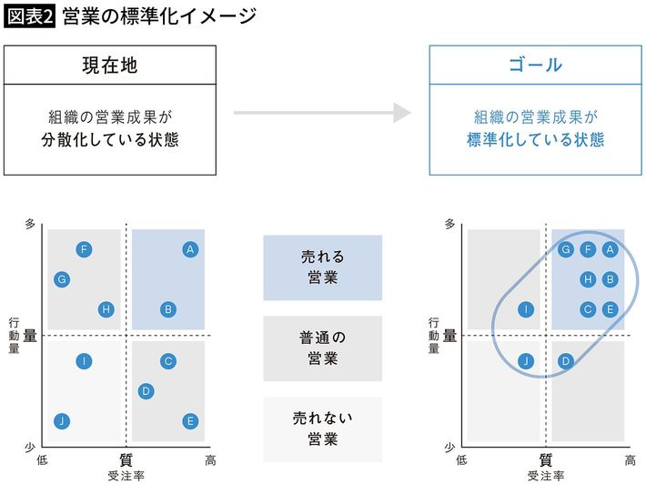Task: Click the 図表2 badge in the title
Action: pyautogui.click(x=29, y=15)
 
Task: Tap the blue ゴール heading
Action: pyautogui.click(x=536, y=66)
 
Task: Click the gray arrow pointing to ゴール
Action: pyautogui.click(x=323, y=113)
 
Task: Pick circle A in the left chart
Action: pyautogui.click(x=190, y=249)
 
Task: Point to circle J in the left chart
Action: pyautogui.click(x=61, y=420)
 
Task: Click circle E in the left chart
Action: pyautogui.click(x=190, y=420)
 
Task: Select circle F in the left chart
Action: pyautogui.click(x=84, y=249)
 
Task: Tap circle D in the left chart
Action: pyautogui.click(x=145, y=391)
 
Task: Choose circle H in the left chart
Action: pyautogui.click(x=106, y=309)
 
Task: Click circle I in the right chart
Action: pyautogui.click(x=526, y=309)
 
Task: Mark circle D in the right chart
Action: pyautogui.click(x=565, y=361)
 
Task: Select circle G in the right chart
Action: pyautogui.click(x=566, y=249)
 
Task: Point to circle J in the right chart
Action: pyautogui.click(x=526, y=361)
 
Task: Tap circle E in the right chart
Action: pyautogui.click(x=611, y=309)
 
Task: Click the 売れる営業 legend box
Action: pyautogui.click(x=323, y=267)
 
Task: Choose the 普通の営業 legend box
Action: pyautogui.click(x=323, y=348)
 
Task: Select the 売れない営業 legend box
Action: pyautogui.click(x=323, y=429)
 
